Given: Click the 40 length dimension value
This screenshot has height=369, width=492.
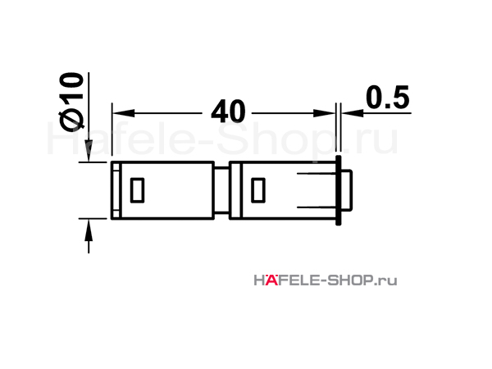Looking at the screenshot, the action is pos(228,112).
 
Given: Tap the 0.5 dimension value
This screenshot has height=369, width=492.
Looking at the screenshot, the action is pos(388,98).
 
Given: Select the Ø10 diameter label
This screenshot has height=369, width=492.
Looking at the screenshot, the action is pos(71,100).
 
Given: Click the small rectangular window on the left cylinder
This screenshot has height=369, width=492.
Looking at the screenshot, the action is pos(137,190).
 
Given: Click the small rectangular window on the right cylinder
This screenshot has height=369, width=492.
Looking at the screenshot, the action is pos(258,190).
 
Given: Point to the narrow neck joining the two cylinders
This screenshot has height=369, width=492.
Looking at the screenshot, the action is pos(221,190).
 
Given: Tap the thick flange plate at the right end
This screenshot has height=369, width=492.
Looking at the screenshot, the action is pos(338,190).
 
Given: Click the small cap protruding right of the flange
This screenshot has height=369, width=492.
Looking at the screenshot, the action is pos(347,190).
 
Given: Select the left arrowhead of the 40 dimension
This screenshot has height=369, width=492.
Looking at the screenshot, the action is pos(124,113).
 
